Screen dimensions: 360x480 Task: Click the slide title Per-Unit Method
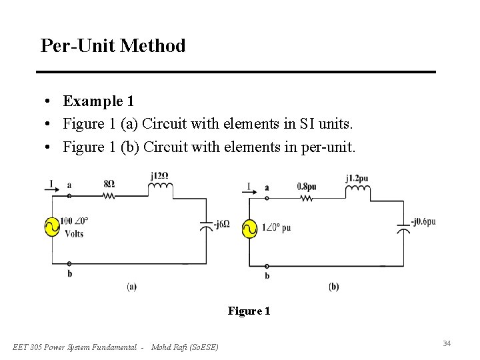(x=113, y=46)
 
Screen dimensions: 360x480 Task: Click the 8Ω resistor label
(x=109, y=183)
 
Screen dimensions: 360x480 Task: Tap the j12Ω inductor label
(x=159, y=176)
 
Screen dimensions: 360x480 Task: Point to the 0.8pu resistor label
(x=307, y=187)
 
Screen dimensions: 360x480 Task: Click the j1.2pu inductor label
(x=357, y=178)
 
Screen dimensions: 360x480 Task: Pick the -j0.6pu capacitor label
(x=423, y=221)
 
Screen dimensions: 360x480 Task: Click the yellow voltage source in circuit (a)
(x=52, y=227)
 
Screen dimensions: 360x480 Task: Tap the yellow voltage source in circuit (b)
(x=249, y=229)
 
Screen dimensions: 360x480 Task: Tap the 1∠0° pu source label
(x=276, y=228)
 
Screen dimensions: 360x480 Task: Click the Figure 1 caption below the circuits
(x=249, y=311)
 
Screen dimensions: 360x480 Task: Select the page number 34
(x=447, y=343)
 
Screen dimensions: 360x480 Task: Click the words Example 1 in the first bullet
(x=99, y=101)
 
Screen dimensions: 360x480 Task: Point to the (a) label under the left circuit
(x=132, y=287)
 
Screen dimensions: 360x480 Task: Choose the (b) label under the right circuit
(x=333, y=287)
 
